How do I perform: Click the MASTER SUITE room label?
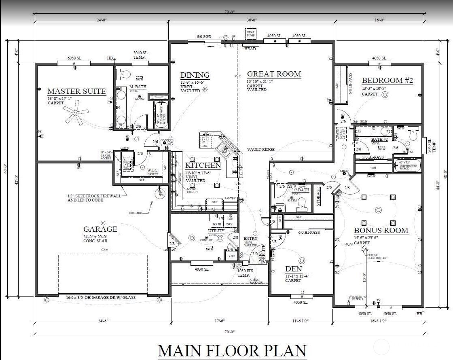pyautogui.click(x=76, y=91)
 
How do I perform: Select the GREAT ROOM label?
pyautogui.click(x=274, y=74)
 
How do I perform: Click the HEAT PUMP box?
pyautogui.click(x=251, y=34)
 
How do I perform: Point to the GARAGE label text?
pyautogui.click(x=100, y=229)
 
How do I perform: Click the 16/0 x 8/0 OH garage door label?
pyautogui.click(x=101, y=298)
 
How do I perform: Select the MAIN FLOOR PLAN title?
pyautogui.click(x=232, y=350)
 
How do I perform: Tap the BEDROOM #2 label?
pyautogui.click(x=387, y=80)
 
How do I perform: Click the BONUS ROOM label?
pyautogui.click(x=381, y=231)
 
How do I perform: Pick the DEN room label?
pyautogui.click(x=293, y=269)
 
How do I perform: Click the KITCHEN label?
pyautogui.click(x=203, y=165)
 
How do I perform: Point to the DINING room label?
pyautogui.click(x=195, y=75)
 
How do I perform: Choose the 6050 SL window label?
pyautogui.click(x=74, y=58)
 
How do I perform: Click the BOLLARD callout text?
pyautogui.click(x=135, y=213)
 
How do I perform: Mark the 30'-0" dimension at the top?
pyautogui.click(x=251, y=20)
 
